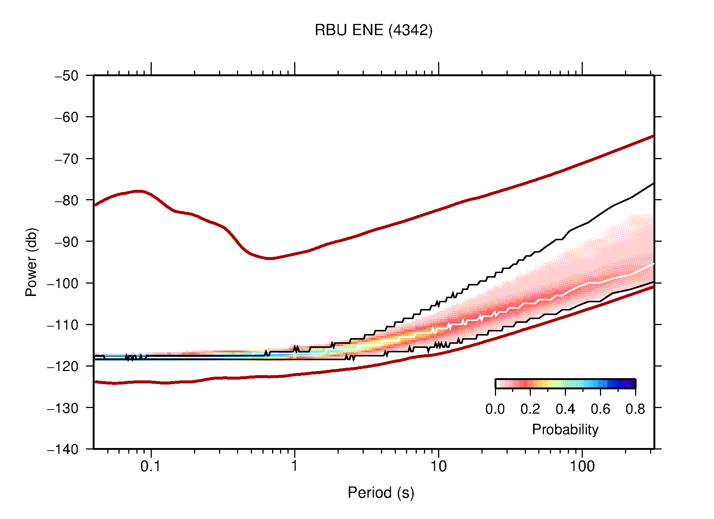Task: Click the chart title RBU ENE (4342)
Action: [x=373, y=30]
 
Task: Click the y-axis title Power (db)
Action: [x=31, y=262]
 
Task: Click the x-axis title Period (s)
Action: [x=381, y=492]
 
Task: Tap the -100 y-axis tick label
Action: [x=63, y=283]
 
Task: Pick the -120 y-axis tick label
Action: [x=63, y=366]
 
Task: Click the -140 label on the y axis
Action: [x=63, y=449]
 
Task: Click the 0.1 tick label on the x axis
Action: [x=150, y=466]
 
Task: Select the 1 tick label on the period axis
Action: [x=295, y=466]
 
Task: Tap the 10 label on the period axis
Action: [x=438, y=466]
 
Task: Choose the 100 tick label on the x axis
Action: [x=582, y=466]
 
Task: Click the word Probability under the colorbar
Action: [x=565, y=429]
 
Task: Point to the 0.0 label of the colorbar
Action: [x=495, y=409]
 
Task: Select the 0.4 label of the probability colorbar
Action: [x=565, y=409]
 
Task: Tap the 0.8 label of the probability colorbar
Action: [x=635, y=409]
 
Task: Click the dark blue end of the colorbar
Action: [x=631, y=384]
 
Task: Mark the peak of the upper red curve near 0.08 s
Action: [x=138, y=191]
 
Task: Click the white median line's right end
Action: [x=653, y=264]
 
